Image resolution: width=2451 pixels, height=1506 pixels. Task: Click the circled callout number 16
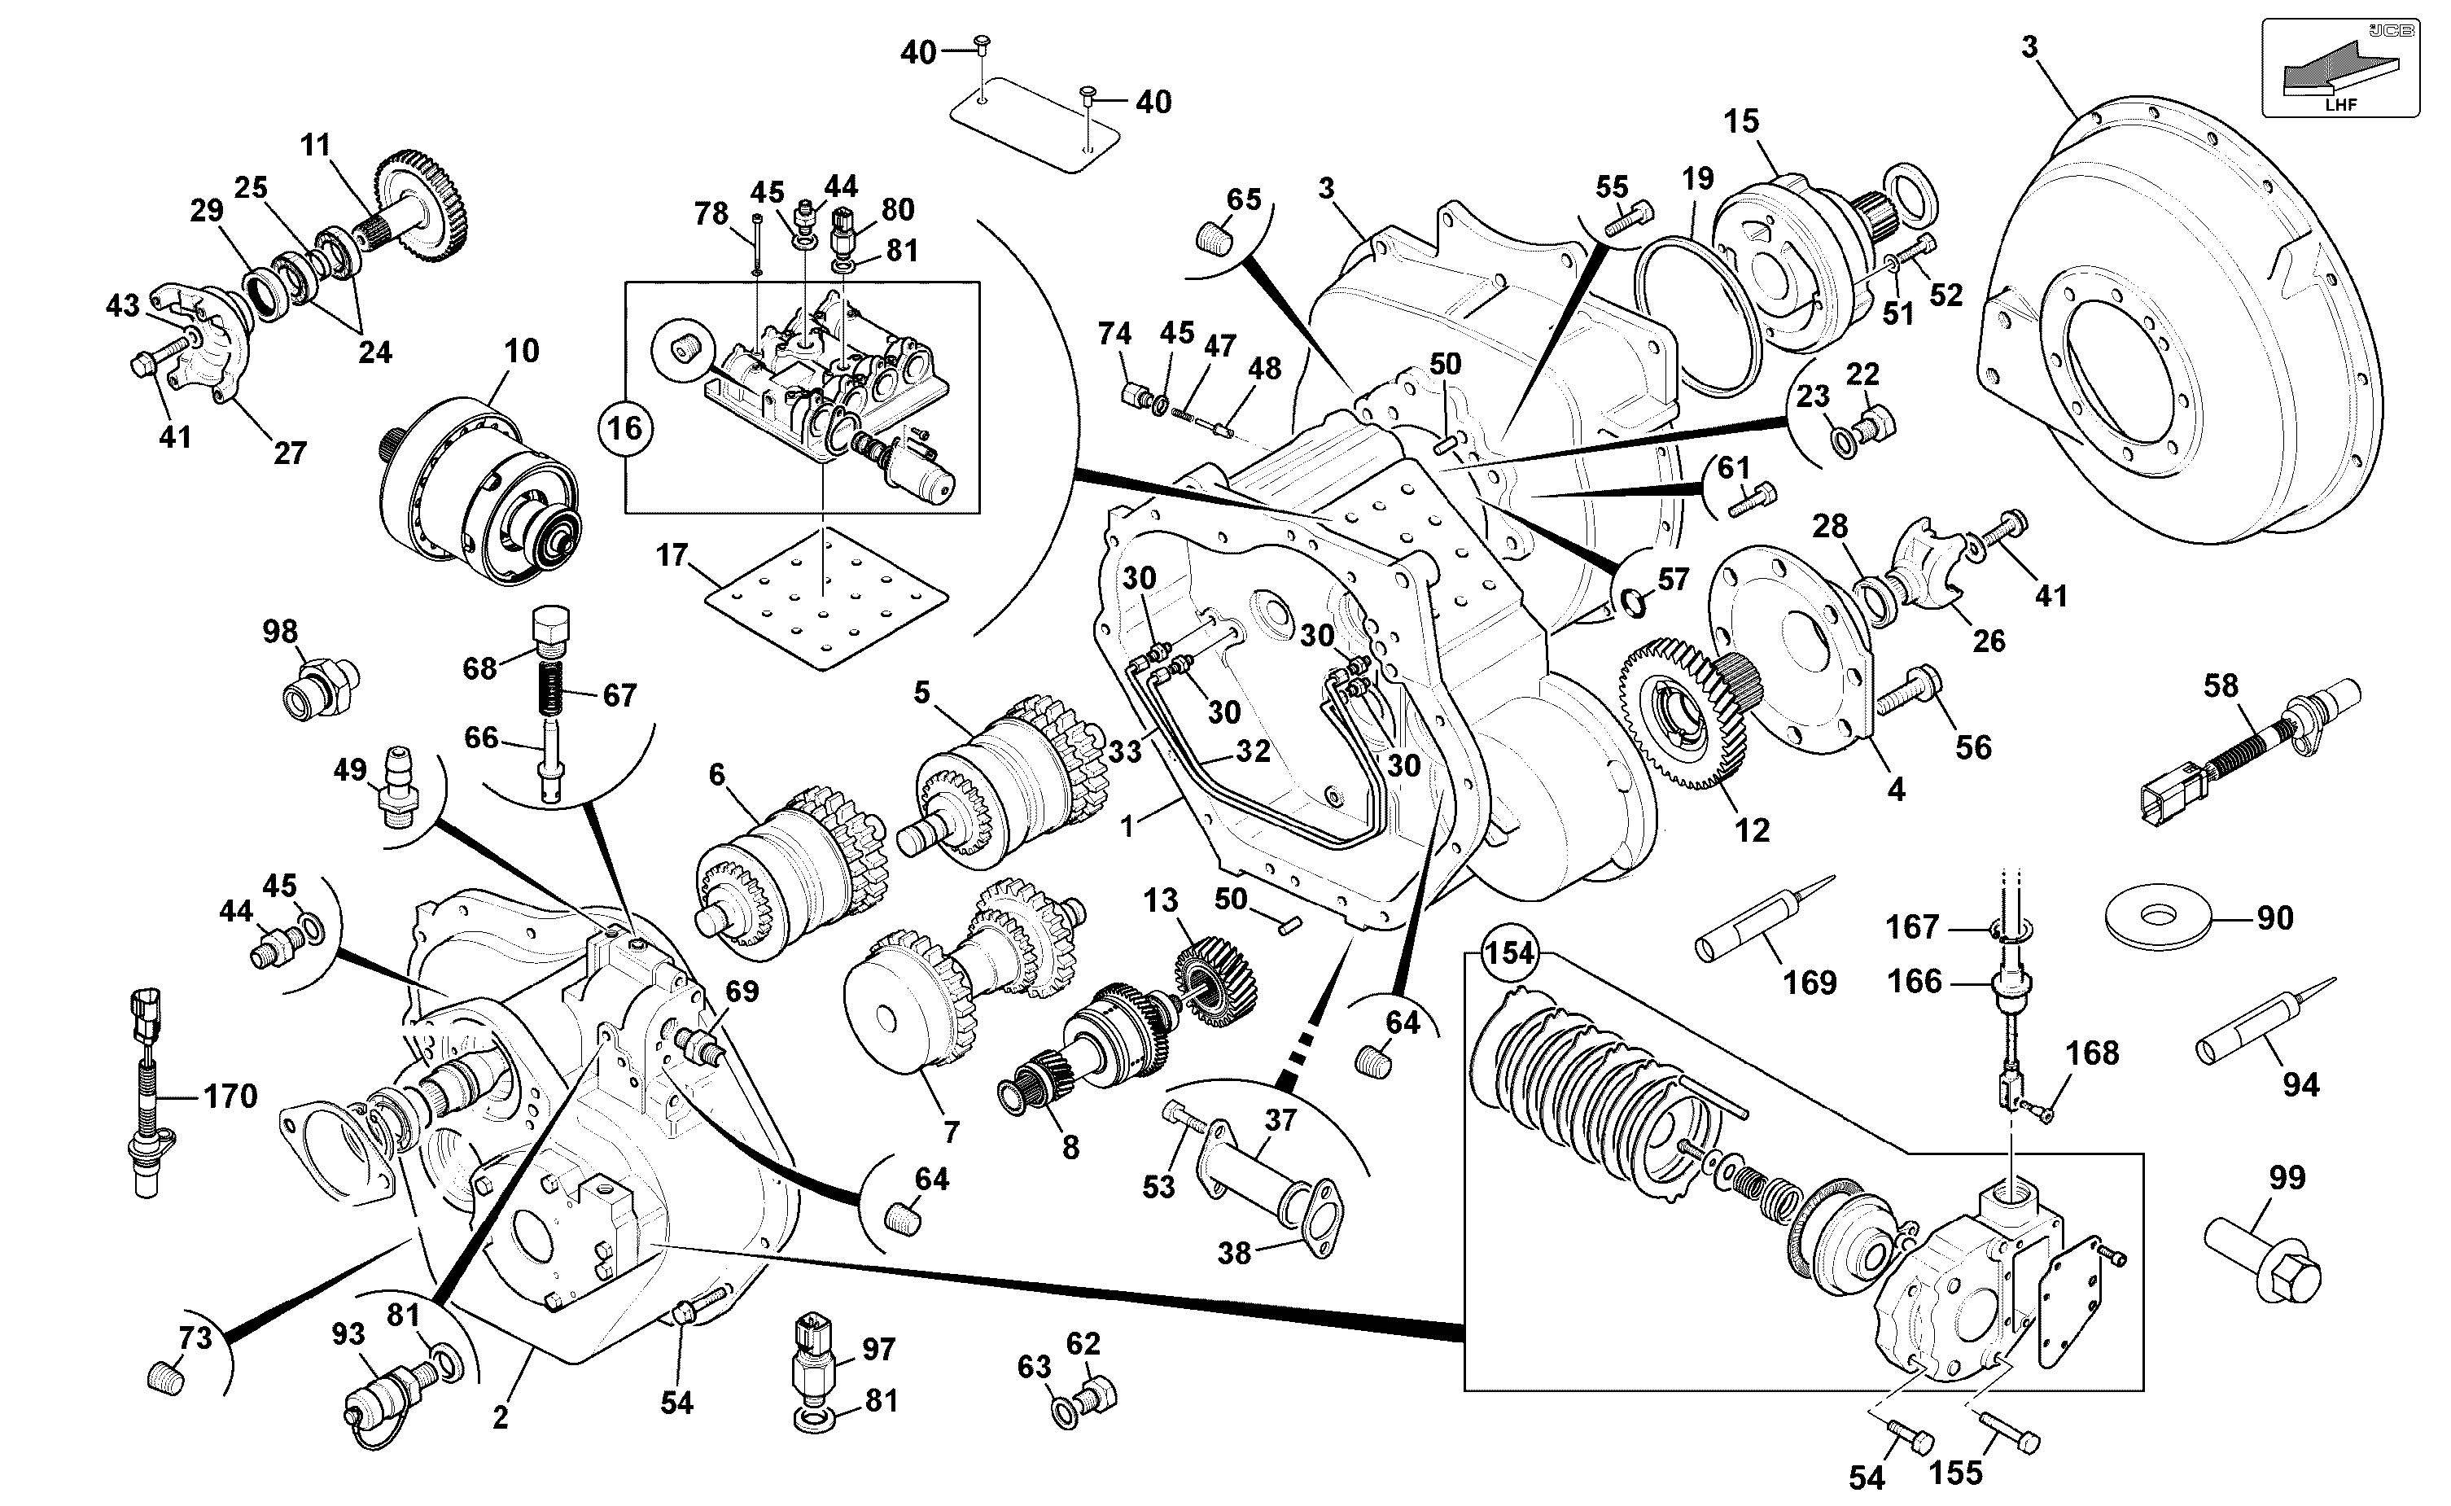(625, 428)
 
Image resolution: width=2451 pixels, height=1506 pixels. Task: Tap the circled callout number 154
(1510, 953)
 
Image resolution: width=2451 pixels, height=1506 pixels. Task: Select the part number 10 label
(521, 351)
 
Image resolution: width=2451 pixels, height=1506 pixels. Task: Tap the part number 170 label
(230, 1096)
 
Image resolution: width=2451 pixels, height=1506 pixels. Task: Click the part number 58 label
(2220, 685)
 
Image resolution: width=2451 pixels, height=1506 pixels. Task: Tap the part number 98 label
(280, 632)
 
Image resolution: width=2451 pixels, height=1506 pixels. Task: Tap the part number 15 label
(1742, 120)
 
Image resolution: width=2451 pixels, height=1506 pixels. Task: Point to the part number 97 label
(879, 1349)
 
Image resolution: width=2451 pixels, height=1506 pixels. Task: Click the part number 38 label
(1234, 1253)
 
